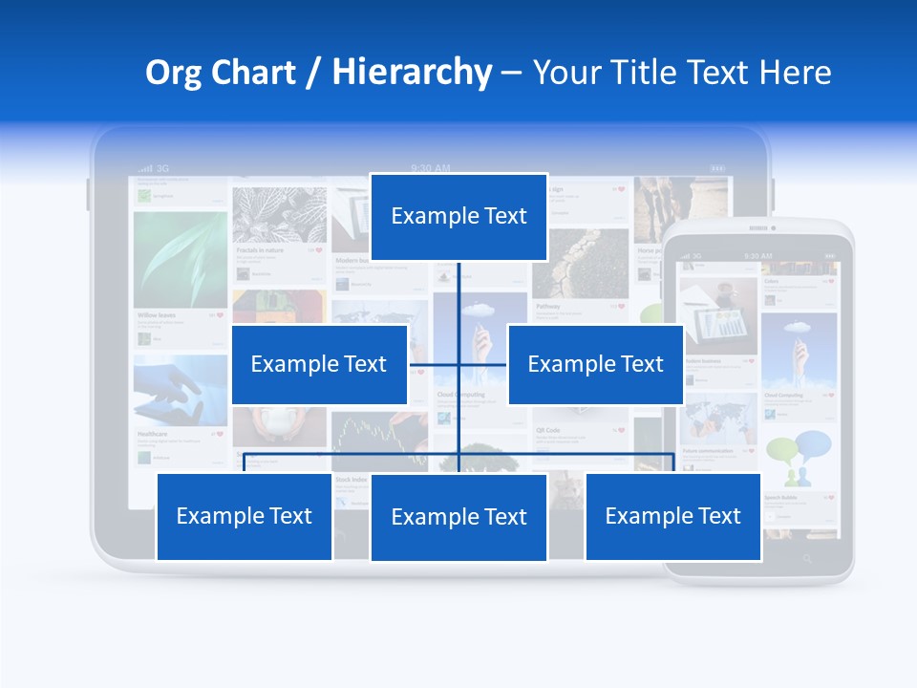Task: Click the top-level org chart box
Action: [x=458, y=217]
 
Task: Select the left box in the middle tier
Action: [x=319, y=364]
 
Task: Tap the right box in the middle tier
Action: [x=595, y=364]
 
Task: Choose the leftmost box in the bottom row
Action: [x=245, y=516]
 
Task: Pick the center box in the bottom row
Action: [x=458, y=517]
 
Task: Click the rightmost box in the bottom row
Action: [x=672, y=516]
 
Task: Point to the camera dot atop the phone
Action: [x=773, y=228]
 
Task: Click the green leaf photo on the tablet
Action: [x=181, y=259]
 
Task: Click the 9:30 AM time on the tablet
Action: [x=430, y=168]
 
